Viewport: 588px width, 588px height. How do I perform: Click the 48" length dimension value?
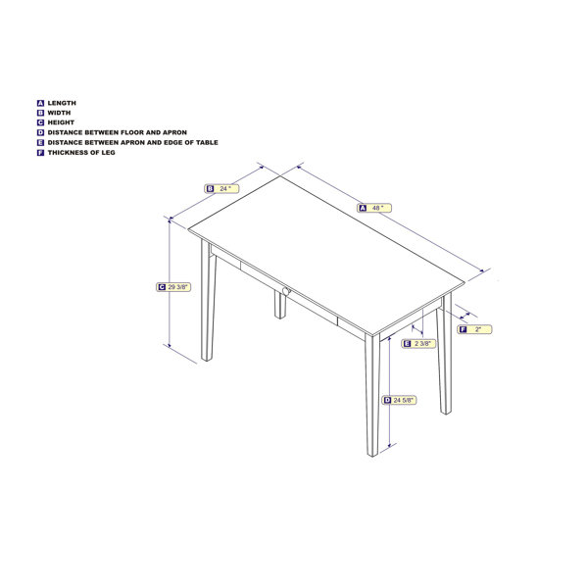tap(378, 208)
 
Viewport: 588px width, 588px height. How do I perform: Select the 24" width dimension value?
tap(226, 188)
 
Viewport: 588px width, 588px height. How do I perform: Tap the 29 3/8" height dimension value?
tap(178, 287)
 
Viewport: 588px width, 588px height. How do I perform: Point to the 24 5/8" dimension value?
tap(405, 400)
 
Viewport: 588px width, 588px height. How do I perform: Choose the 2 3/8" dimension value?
tap(424, 343)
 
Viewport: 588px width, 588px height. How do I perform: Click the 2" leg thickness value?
tap(478, 329)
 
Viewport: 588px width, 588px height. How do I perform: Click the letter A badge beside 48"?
tap(362, 208)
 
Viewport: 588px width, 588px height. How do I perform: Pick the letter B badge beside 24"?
tap(210, 188)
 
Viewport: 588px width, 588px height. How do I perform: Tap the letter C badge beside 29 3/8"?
tap(161, 287)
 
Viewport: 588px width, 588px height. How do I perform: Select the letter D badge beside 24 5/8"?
tap(387, 400)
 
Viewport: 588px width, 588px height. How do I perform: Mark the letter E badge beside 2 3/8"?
tap(407, 343)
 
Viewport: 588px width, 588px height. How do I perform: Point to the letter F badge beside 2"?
tap(463, 329)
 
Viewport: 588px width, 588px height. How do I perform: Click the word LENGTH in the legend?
tap(62, 103)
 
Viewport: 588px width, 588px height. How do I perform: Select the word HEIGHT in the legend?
tap(62, 122)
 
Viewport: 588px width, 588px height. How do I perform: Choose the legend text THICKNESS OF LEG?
tap(81, 152)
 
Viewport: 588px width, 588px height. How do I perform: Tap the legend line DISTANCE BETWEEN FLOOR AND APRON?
tap(117, 132)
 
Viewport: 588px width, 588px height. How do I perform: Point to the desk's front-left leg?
tap(207, 304)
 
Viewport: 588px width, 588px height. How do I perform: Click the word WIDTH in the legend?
tap(60, 113)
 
